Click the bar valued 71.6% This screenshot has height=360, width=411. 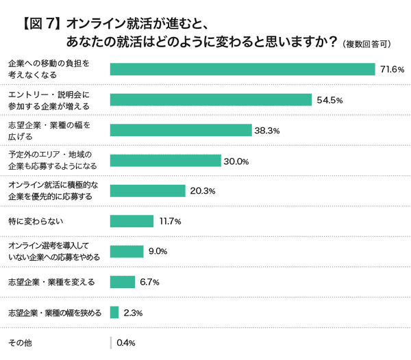(x=242, y=69)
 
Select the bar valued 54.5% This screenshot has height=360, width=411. (x=211, y=100)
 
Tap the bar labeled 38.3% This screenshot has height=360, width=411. (x=181, y=130)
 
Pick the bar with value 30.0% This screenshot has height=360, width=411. (x=165, y=161)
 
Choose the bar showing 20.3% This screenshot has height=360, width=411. (x=147, y=191)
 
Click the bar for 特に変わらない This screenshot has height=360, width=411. (x=132, y=221)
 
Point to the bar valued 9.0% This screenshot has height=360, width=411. (x=126, y=251)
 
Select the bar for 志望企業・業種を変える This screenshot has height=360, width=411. (x=122, y=281)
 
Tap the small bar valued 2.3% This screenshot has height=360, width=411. (x=114, y=312)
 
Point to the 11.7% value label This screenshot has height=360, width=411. (x=169, y=222)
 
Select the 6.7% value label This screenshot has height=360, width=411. (x=150, y=282)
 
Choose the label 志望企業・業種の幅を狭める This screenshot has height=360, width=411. (x=55, y=312)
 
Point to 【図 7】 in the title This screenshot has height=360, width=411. (x=38, y=24)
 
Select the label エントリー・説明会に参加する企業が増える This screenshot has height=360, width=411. (x=49, y=100)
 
